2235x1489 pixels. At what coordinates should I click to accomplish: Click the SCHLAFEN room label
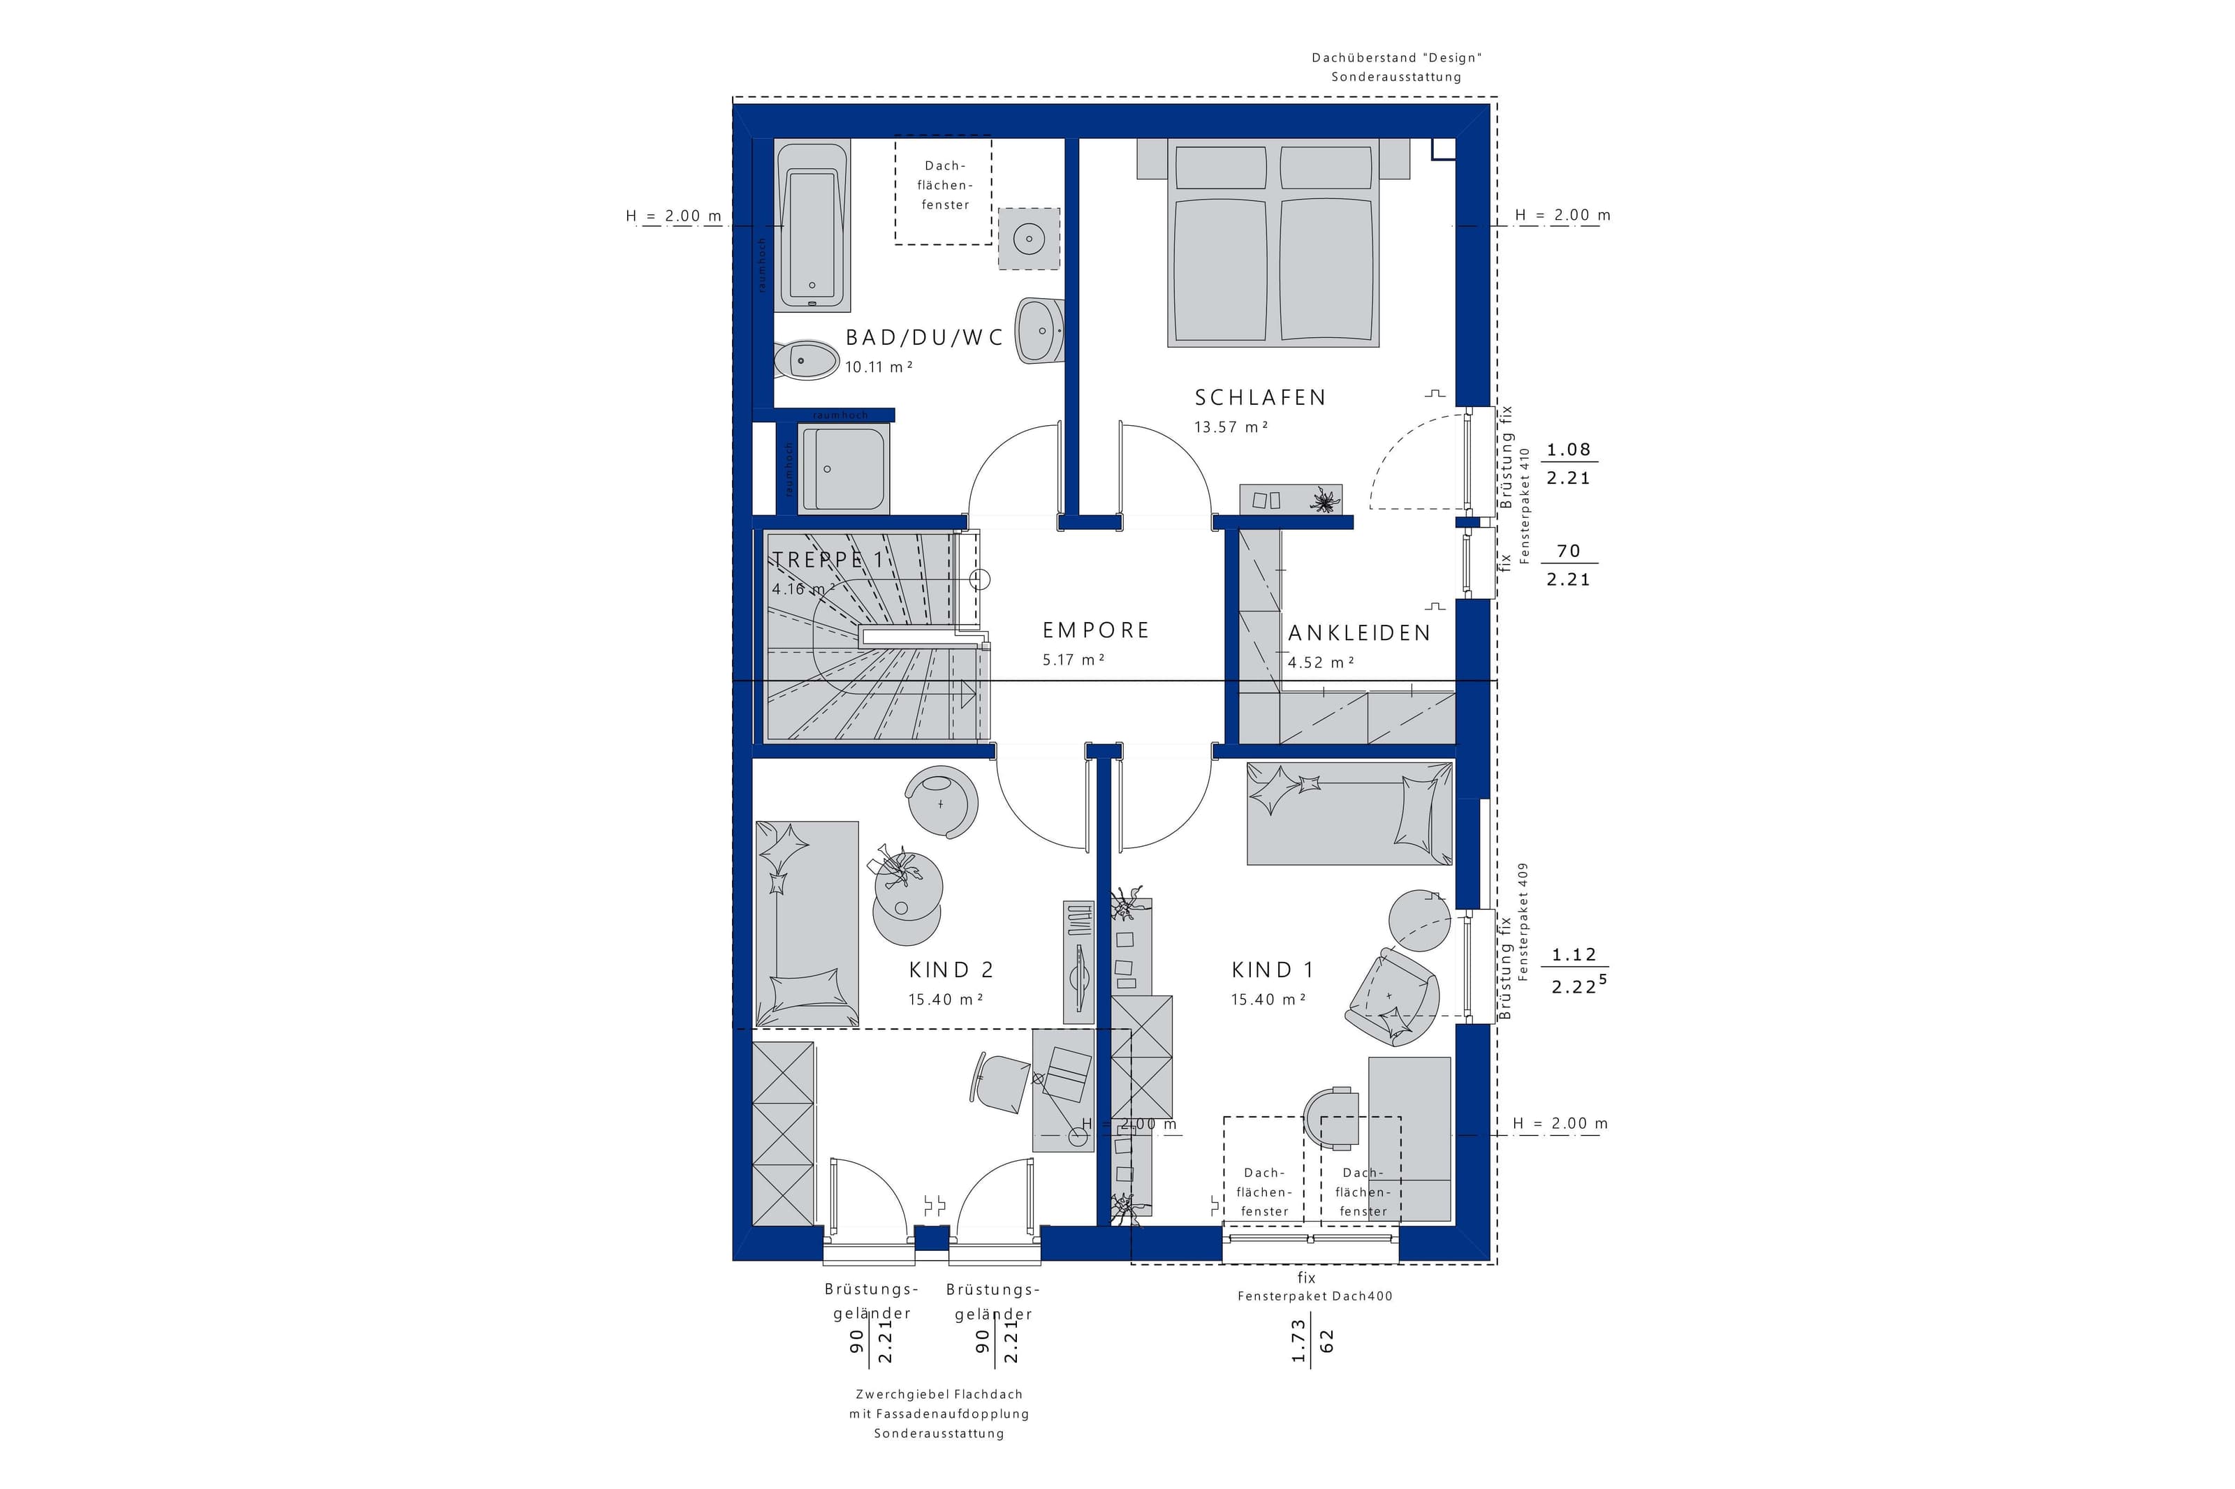tap(1259, 398)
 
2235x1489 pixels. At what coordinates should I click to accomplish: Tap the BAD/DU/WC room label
tap(924, 337)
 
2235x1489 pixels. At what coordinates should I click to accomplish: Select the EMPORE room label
tap(1096, 630)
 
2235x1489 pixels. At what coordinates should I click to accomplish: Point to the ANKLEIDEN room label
tap(1359, 633)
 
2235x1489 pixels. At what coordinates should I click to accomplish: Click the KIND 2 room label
tap(951, 970)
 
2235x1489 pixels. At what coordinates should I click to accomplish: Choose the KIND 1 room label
tap(1273, 970)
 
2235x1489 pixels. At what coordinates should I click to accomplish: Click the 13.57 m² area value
tap(1231, 427)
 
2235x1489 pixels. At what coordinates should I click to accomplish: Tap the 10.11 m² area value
tap(879, 366)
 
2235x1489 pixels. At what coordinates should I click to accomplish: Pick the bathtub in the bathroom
tap(812, 227)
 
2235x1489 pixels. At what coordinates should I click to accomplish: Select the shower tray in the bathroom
tap(842, 469)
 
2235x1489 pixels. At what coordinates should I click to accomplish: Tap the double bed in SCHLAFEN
tap(1273, 242)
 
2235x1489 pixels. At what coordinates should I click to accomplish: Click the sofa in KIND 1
tap(1349, 814)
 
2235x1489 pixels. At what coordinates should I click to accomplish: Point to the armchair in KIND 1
tap(1391, 997)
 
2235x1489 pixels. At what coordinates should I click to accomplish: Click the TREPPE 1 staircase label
tap(828, 561)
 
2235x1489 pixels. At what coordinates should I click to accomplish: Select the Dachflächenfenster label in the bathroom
tap(944, 185)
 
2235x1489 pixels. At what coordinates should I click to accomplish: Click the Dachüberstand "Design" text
tap(1396, 58)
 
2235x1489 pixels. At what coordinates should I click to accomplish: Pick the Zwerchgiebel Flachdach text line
tap(939, 1394)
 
